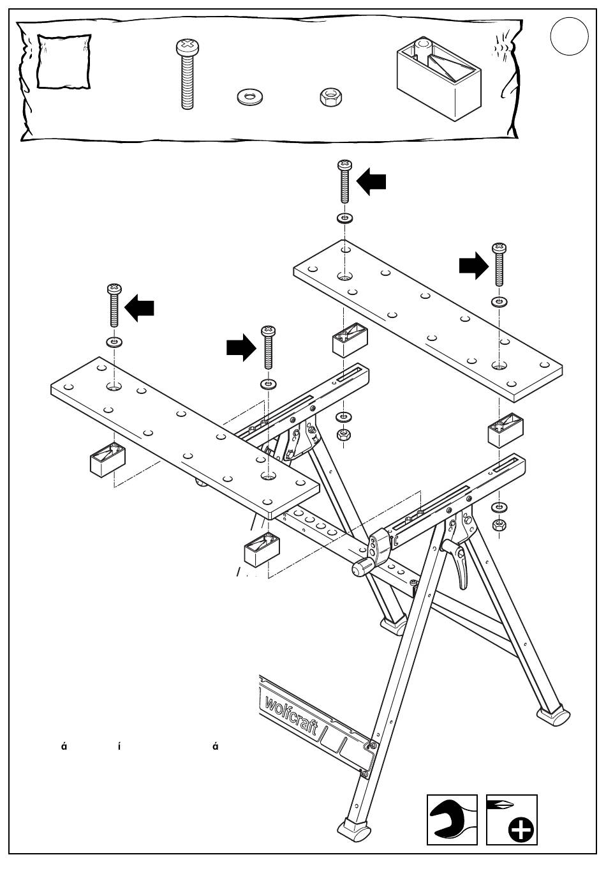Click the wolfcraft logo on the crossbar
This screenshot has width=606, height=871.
291,715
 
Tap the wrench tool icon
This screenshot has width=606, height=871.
452,819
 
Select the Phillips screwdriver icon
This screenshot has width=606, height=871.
512,819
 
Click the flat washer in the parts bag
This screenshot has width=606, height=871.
251,97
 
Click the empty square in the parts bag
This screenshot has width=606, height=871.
63,62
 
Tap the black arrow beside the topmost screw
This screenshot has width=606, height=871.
371,182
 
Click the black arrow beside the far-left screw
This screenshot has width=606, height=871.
139,309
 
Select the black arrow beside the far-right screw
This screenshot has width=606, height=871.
473,266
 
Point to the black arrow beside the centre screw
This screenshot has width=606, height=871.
241,349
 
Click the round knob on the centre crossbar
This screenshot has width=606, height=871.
362,568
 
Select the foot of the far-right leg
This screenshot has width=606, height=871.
554,714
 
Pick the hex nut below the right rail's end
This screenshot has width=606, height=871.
499,525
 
